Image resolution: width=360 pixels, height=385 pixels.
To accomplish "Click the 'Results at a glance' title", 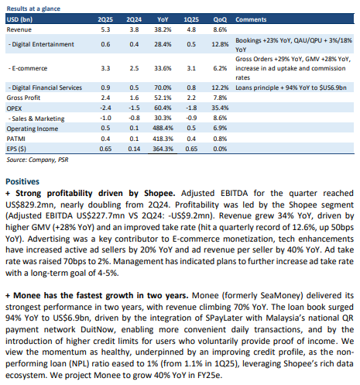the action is tap(33, 9).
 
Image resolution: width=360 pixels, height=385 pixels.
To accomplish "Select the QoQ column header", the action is tap(220, 19).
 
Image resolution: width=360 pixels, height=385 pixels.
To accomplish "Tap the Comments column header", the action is tap(251, 19).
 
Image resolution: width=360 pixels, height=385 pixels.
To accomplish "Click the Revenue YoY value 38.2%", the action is tap(163, 29).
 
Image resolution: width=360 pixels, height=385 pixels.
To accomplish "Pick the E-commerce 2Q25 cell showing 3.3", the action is tap(105, 68).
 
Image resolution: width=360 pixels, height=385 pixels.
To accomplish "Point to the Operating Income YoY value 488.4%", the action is tap(163, 128).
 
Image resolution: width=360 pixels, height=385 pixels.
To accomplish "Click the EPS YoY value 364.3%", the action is tap(163, 149).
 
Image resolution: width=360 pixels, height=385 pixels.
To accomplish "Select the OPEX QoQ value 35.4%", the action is tap(220, 108).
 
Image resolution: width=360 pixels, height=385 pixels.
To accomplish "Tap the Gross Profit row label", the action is tap(23, 98).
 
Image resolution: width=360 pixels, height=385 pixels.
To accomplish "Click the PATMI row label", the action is tap(16, 139).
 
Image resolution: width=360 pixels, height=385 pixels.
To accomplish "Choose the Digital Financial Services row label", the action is tap(45, 88).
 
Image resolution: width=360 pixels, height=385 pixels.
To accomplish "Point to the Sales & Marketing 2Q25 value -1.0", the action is tap(105, 118).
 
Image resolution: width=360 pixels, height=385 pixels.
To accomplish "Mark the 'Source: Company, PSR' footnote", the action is tap(37, 160).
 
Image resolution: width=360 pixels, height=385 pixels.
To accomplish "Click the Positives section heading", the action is tap(22, 181).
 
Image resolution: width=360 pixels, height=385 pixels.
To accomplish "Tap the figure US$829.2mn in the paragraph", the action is tap(33, 205).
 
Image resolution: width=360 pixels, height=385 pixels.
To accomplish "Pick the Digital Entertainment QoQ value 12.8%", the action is tap(220, 44).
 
